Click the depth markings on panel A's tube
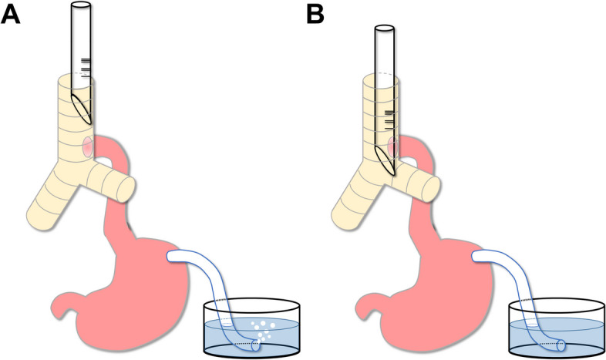[85, 67]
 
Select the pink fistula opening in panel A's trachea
[87, 145]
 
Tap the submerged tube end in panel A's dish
[258, 345]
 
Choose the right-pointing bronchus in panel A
[116, 183]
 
